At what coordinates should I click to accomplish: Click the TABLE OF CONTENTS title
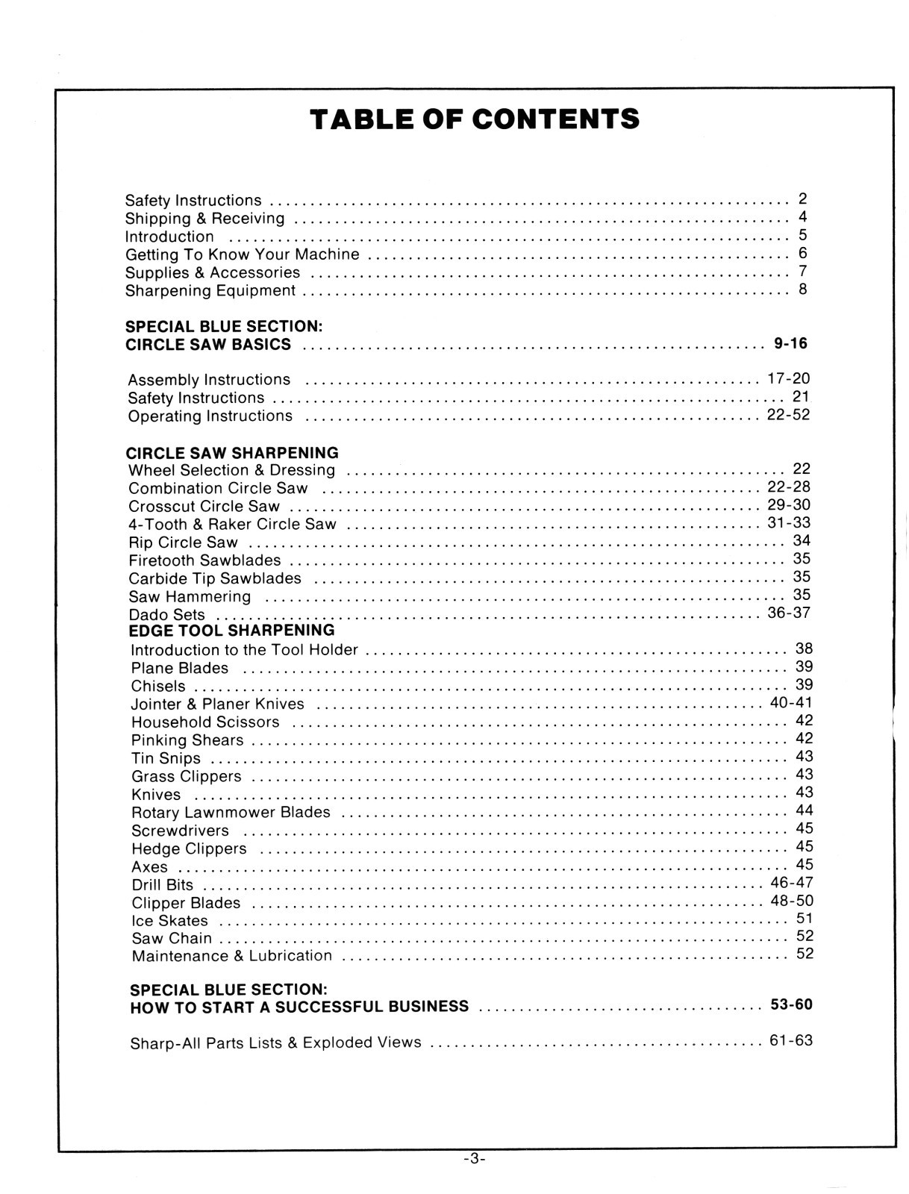click(475, 119)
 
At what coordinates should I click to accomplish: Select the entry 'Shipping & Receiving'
click(204, 219)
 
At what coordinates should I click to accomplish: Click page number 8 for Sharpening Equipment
click(802, 290)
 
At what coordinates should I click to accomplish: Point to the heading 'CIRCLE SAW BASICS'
click(208, 345)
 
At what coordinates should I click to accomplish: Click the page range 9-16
click(790, 344)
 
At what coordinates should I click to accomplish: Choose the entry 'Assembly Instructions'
click(209, 380)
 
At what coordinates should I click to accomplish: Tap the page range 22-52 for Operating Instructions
click(788, 415)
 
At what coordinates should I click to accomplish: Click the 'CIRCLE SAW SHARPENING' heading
click(232, 453)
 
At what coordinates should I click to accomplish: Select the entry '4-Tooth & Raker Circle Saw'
click(232, 525)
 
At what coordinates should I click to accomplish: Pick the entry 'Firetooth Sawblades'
click(204, 560)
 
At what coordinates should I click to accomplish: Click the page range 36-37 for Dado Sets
click(788, 613)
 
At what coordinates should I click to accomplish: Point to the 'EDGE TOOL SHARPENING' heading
click(232, 631)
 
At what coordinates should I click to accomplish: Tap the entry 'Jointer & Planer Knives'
click(218, 704)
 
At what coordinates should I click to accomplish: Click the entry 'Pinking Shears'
click(187, 740)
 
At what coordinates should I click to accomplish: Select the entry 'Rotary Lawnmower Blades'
click(231, 813)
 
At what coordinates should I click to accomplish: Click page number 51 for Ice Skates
click(805, 919)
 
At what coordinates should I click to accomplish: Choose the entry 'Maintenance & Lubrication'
click(231, 956)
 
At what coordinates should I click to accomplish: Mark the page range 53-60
click(791, 1004)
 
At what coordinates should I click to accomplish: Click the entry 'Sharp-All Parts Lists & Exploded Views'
click(275, 1043)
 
